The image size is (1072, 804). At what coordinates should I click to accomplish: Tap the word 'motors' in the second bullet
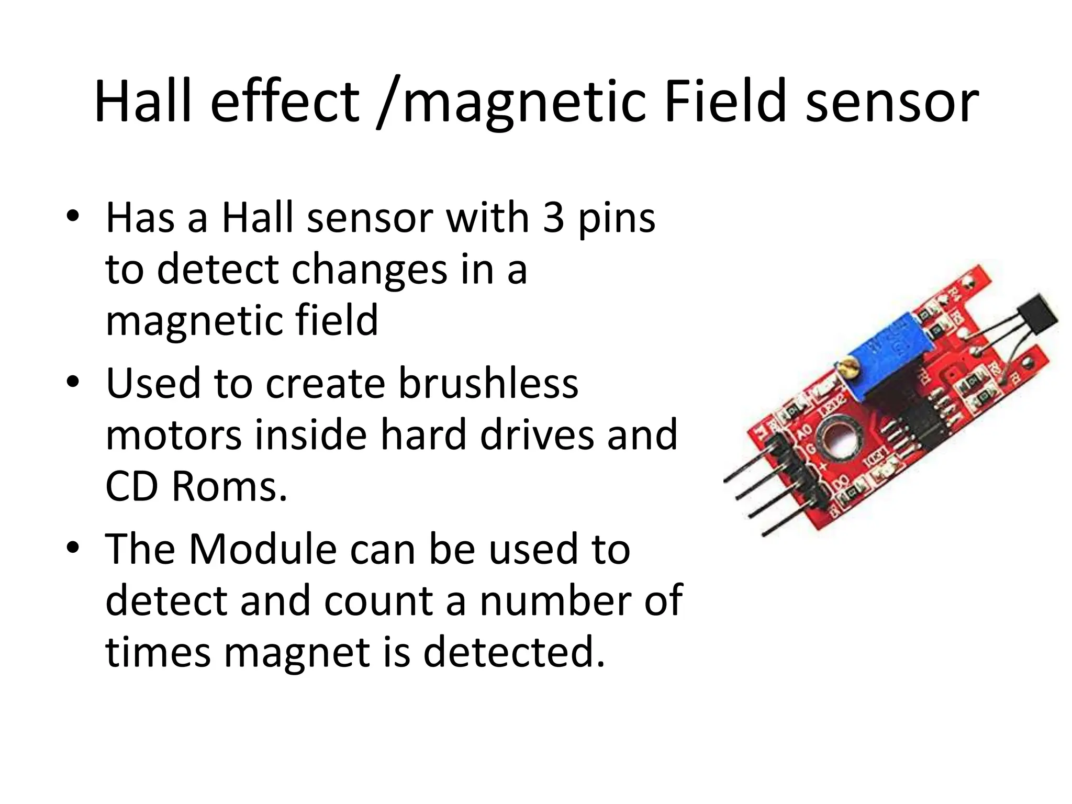[173, 435]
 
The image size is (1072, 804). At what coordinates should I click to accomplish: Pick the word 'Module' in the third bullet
[263, 549]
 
